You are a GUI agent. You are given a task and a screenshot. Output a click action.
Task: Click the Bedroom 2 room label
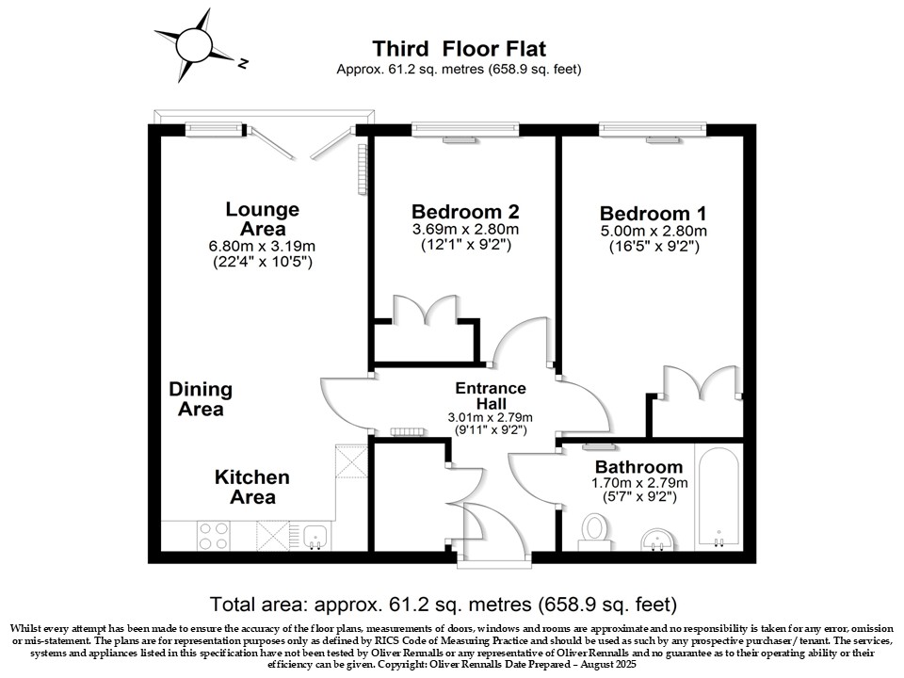click(x=465, y=212)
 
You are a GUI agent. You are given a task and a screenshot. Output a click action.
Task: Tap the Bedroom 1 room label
click(x=653, y=214)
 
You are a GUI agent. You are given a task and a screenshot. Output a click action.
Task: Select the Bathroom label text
click(x=638, y=466)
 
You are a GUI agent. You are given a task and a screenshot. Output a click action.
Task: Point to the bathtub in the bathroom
click(x=718, y=496)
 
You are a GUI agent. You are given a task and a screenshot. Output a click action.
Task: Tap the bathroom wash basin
click(x=656, y=540)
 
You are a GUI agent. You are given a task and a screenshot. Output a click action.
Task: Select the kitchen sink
click(x=315, y=537)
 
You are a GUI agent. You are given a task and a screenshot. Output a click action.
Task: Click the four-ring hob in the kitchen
click(x=214, y=536)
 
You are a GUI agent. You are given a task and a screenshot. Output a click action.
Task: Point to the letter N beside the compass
click(x=243, y=63)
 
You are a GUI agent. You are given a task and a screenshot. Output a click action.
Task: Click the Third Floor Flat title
click(x=459, y=48)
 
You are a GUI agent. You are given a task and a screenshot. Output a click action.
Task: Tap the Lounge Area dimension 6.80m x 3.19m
click(x=262, y=246)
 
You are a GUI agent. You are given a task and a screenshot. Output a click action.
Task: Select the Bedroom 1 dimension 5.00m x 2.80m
click(x=654, y=232)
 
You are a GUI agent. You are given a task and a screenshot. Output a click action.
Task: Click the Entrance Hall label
click(x=491, y=395)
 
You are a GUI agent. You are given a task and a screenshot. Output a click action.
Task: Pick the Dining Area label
click(x=201, y=399)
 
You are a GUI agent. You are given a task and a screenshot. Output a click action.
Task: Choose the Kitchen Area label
click(x=252, y=487)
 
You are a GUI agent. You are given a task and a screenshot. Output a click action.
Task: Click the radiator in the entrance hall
click(x=407, y=431)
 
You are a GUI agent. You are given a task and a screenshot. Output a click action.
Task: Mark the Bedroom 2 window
click(x=465, y=129)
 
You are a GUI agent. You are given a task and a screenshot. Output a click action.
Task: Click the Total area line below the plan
click(x=443, y=605)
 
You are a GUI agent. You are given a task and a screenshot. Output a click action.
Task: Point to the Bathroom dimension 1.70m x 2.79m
click(x=639, y=482)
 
